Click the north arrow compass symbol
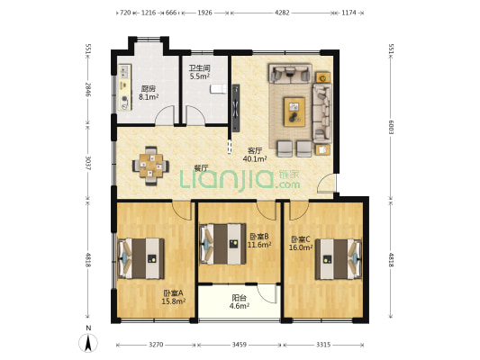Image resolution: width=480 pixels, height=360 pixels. click(x=88, y=343)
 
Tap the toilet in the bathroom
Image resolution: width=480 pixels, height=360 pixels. click(x=218, y=89)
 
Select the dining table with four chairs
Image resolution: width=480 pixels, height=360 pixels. click(x=150, y=166)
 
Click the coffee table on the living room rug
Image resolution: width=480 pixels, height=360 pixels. click(x=294, y=112)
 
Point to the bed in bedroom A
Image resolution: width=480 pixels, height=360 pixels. click(x=140, y=259)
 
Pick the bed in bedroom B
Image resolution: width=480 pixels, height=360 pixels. click(x=222, y=244)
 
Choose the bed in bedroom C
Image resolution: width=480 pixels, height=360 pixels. click(x=339, y=259)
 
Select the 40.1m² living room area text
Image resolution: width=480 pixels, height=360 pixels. click(x=255, y=158)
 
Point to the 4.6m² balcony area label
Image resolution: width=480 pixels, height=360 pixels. click(x=239, y=306)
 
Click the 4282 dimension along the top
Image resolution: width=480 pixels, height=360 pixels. click(x=282, y=13)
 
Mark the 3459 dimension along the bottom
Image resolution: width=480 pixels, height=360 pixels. click(x=239, y=345)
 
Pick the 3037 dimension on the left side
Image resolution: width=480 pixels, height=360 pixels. click(x=88, y=163)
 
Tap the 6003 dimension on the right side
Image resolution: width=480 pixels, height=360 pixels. click(x=391, y=126)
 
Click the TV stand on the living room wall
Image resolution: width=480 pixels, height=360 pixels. click(x=236, y=108)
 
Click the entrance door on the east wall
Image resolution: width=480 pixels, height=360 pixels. click(x=326, y=183)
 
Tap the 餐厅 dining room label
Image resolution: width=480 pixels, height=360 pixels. click(x=202, y=168)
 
